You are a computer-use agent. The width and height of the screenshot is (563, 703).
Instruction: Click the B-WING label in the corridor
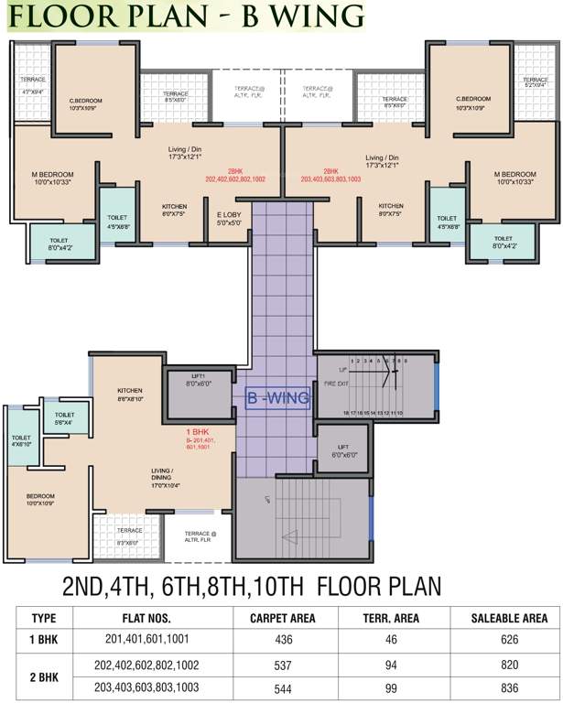pos(275,398)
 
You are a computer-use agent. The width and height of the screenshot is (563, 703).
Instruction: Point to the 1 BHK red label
pos(200,430)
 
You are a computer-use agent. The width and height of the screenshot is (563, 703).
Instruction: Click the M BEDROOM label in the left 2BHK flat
pos(52,174)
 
